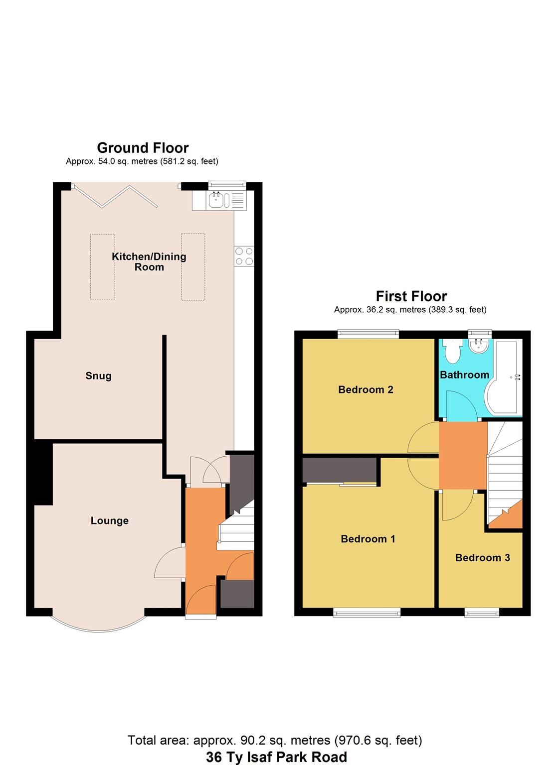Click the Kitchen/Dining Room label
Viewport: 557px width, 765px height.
pos(149,261)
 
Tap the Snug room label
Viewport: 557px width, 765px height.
pos(98,376)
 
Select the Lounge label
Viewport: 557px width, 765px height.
pos(109,520)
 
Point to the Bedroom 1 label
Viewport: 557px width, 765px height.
pos(368,538)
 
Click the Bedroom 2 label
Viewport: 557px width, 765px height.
pos(366,389)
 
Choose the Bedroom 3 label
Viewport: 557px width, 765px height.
pos(482,557)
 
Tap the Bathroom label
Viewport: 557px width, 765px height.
pos(464,375)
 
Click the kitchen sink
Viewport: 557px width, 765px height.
pos(218,200)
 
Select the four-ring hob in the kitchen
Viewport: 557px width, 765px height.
pos(244,256)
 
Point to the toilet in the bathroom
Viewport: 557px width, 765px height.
pos(453,352)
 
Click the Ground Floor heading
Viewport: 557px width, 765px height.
pos(143,148)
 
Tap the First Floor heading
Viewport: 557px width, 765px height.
pos(411,296)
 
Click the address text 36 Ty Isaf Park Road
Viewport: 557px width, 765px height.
pos(276,757)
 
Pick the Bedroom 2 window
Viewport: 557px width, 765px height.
pos(369,334)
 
